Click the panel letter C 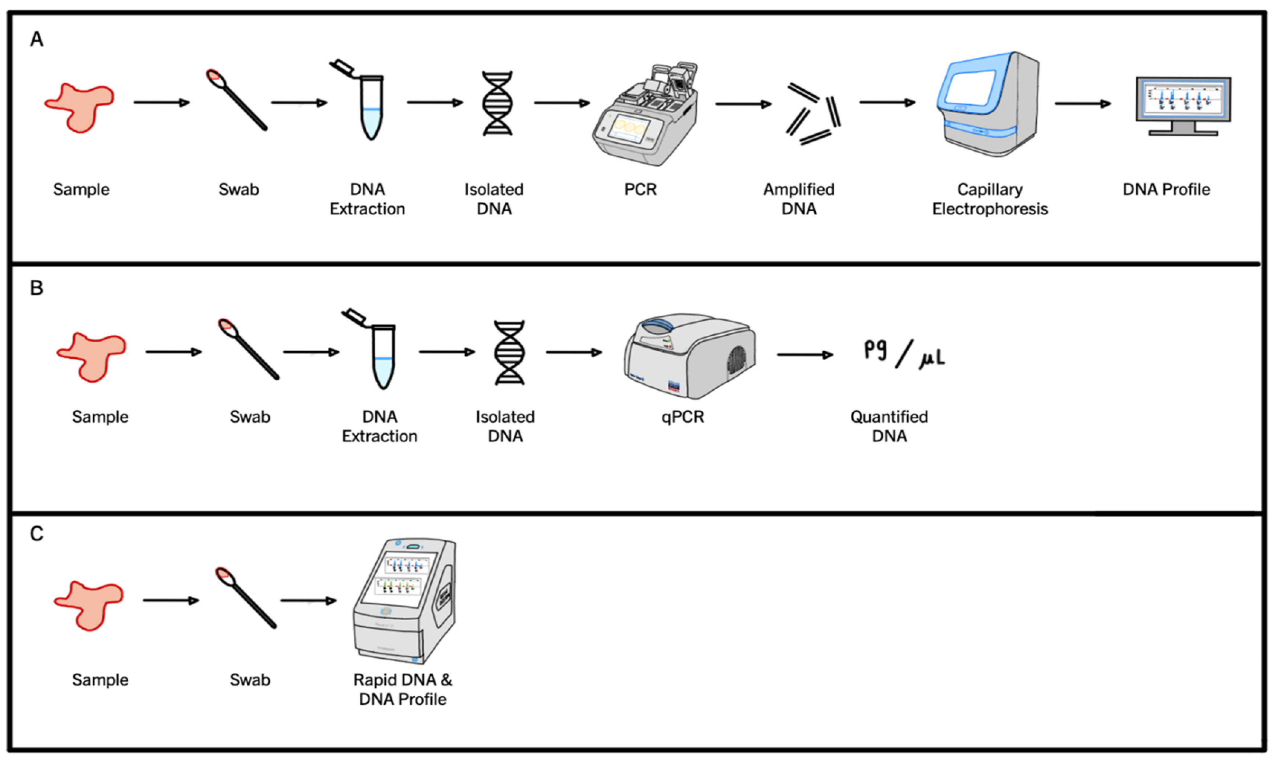[x=36, y=534]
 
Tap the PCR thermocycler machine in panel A [x=646, y=116]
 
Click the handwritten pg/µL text [x=904, y=354]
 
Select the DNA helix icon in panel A [x=497, y=103]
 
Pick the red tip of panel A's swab [x=214, y=76]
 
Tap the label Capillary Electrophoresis [x=989, y=199]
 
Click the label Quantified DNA [x=889, y=426]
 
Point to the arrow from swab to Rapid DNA [x=308, y=600]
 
